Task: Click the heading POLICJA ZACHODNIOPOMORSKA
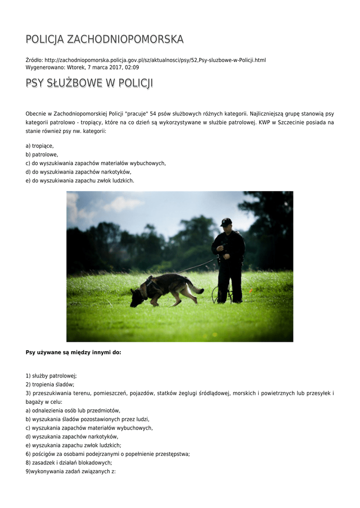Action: tap(104, 39)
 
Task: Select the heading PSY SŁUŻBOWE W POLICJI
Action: tap(89, 83)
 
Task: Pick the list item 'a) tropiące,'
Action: tap(40, 146)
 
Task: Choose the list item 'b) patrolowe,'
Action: tap(42, 155)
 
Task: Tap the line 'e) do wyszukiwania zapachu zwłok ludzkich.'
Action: tap(80, 181)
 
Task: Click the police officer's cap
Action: tap(226, 221)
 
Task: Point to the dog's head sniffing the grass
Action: tap(137, 297)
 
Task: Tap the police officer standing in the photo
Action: tap(229, 260)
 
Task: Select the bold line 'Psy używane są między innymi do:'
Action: tap(73, 353)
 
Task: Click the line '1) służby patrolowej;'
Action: tap(51, 376)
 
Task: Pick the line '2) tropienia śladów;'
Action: tap(50, 384)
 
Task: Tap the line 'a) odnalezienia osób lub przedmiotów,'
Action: tap(73, 411)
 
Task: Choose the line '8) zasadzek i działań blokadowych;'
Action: tap(69, 462)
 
